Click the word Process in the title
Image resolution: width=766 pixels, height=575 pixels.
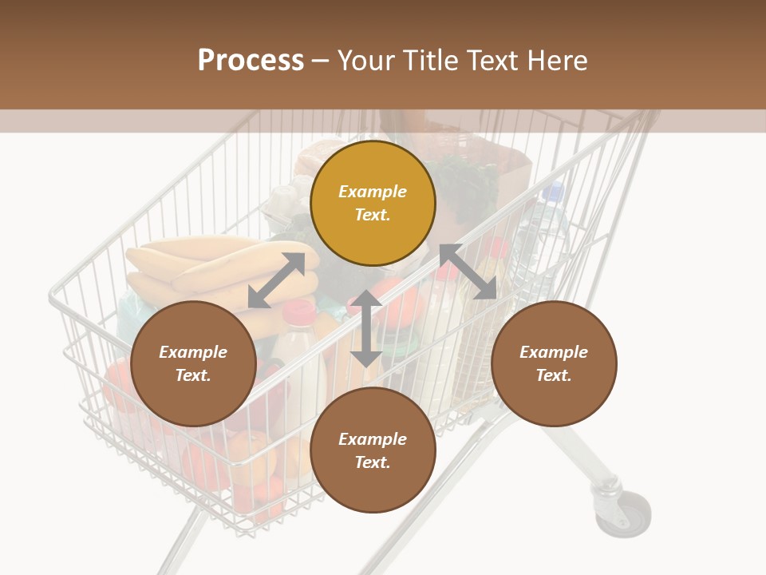point(251,61)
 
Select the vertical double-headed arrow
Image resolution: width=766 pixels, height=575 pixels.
point(366,328)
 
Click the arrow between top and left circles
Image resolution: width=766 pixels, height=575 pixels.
point(276,280)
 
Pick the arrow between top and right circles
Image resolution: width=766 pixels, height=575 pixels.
point(468,272)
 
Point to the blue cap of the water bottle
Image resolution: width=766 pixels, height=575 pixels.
point(553,192)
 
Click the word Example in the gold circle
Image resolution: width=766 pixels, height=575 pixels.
point(373,192)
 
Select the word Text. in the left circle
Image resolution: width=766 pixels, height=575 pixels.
point(193,375)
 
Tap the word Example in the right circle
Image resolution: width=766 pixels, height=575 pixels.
point(554,352)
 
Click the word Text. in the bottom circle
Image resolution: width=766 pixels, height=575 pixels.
point(373,462)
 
